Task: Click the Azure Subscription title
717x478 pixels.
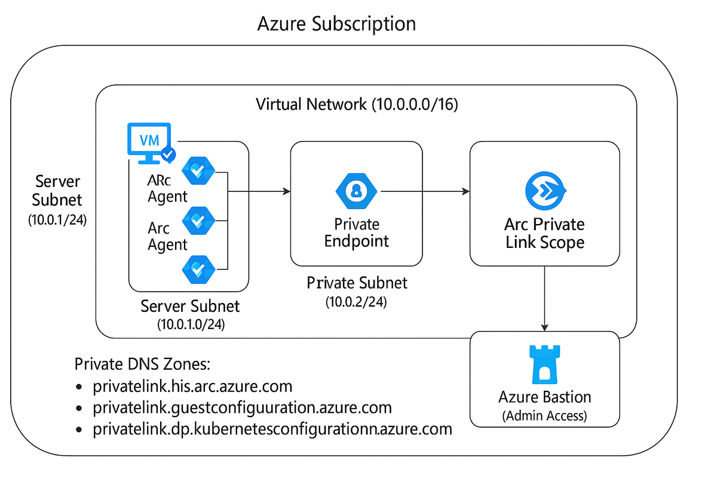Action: coord(336,24)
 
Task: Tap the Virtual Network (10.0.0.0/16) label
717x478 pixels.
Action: coord(357,105)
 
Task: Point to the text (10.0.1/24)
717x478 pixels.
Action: coord(57,220)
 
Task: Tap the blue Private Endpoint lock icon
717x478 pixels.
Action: coord(357,191)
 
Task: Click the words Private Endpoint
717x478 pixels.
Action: coord(357,233)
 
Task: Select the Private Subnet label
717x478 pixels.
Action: coord(357,283)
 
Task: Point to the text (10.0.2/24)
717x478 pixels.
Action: coord(357,302)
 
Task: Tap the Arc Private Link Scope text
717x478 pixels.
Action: coord(544,234)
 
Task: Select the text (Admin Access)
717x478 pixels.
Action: coord(544,416)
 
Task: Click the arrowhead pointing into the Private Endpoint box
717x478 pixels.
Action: coord(286,191)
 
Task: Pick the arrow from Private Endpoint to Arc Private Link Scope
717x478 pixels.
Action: coord(424,191)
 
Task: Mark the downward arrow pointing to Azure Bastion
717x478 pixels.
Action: coord(544,299)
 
